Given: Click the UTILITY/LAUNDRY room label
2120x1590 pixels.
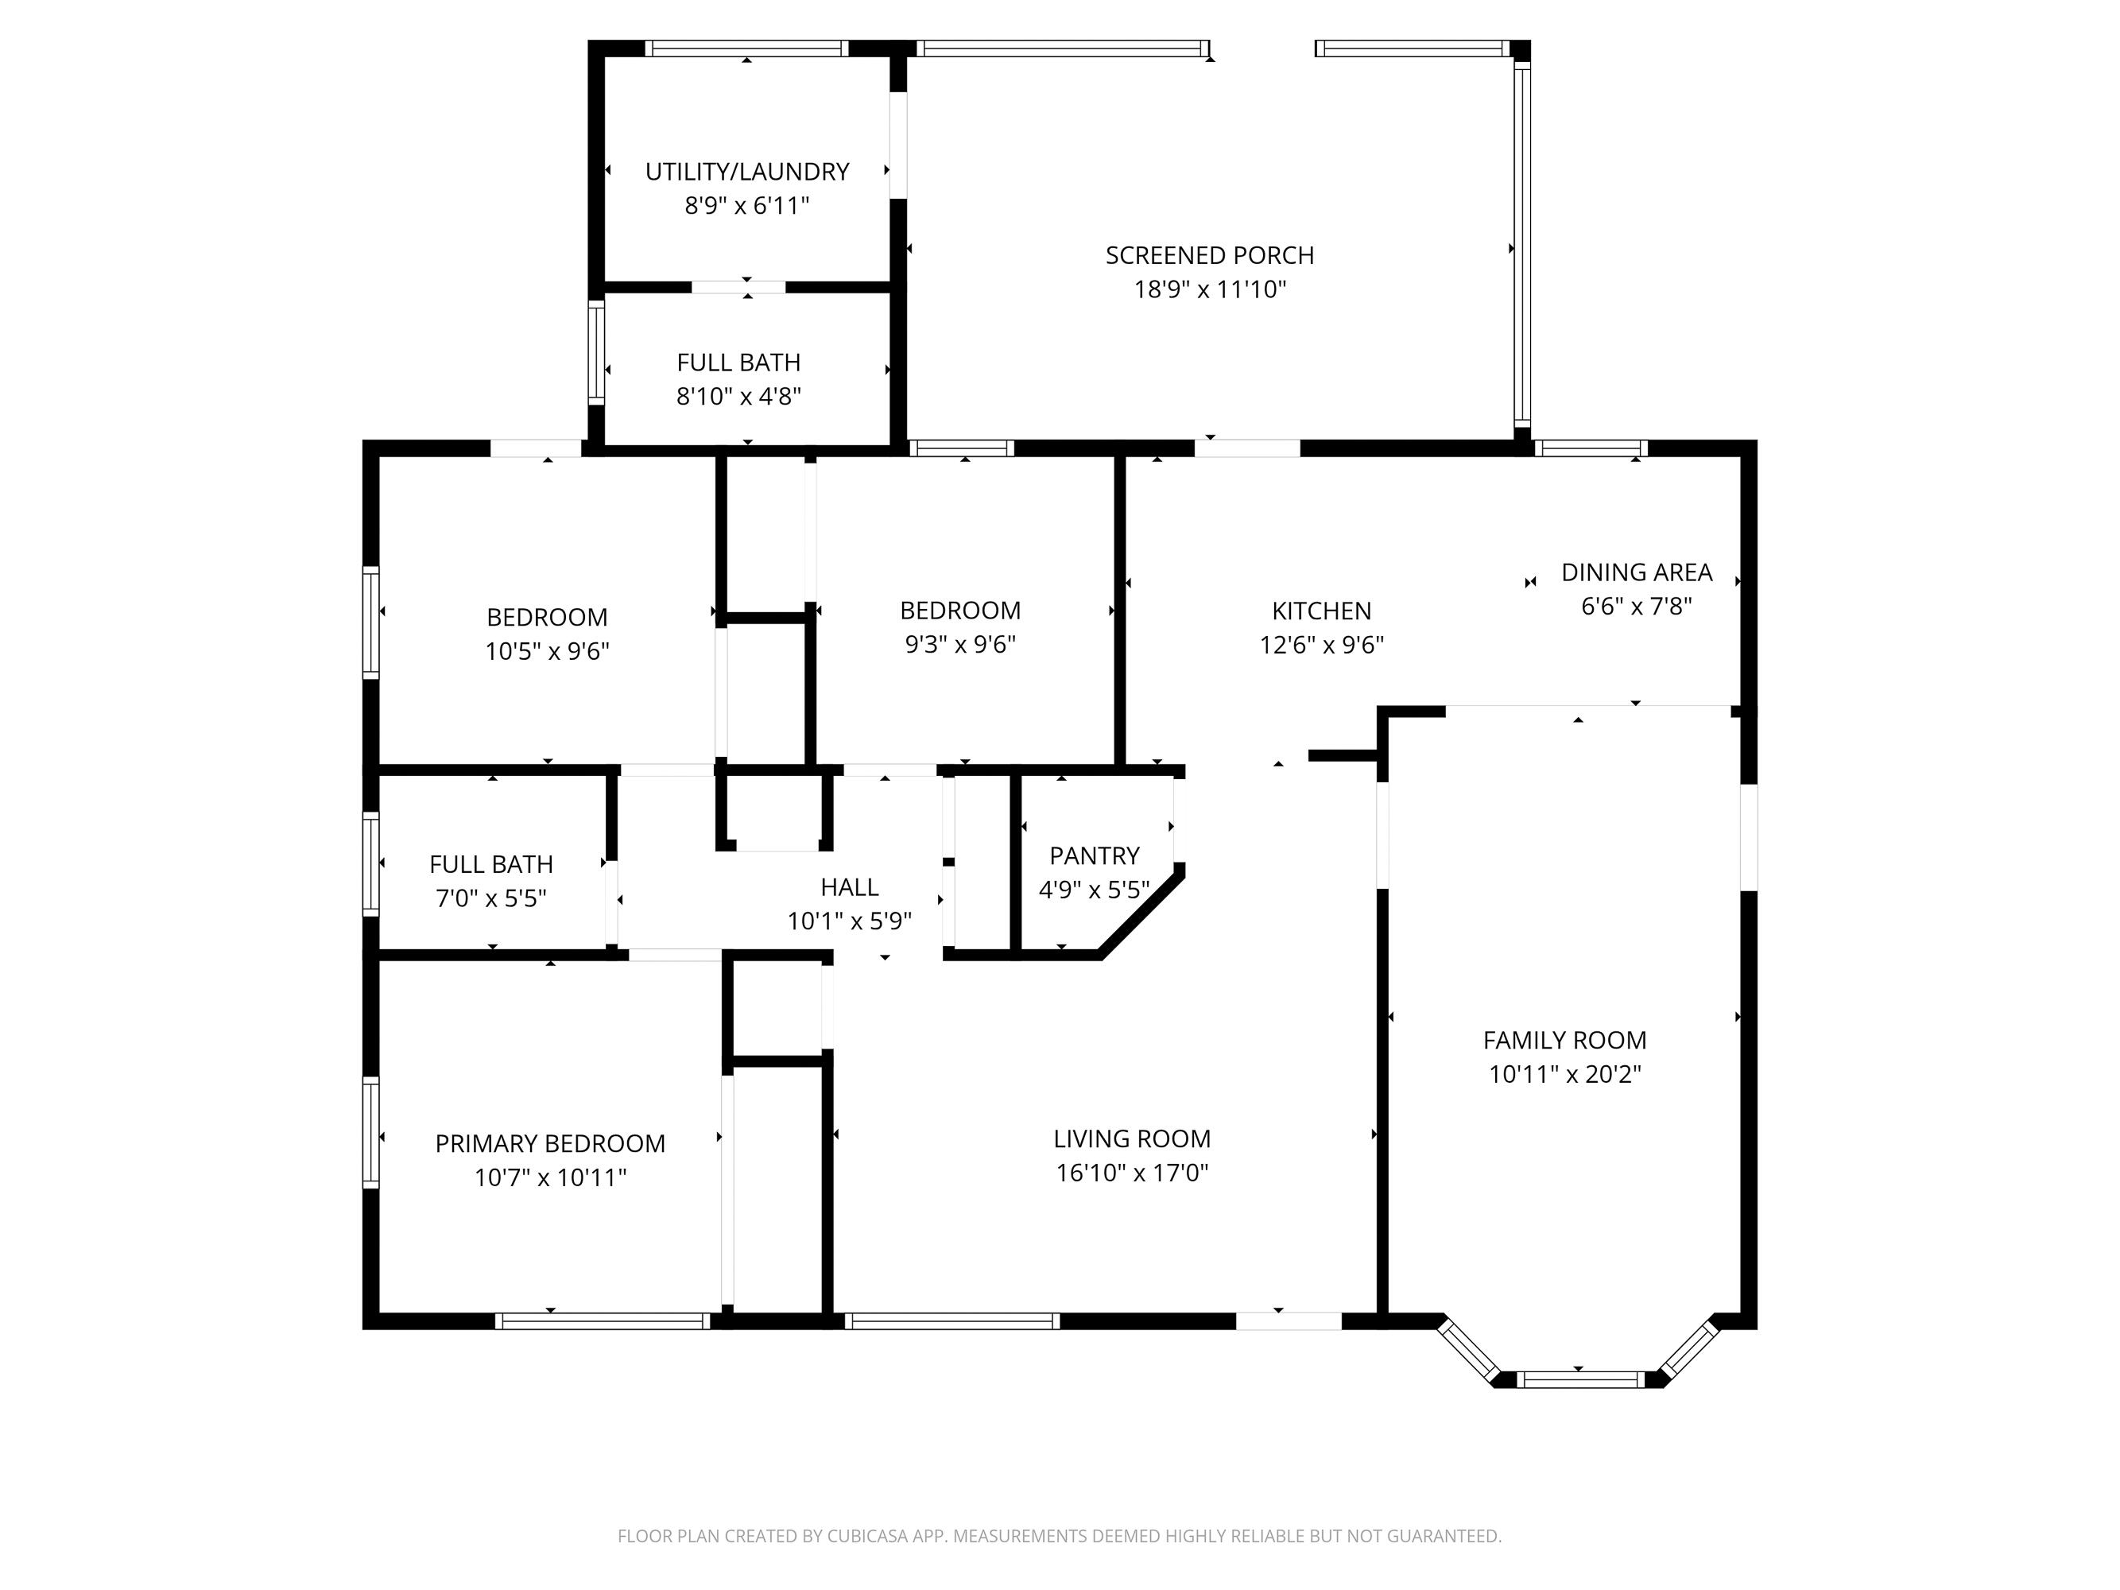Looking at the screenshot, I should coord(746,172).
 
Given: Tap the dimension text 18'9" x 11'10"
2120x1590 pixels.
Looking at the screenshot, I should coord(1210,289).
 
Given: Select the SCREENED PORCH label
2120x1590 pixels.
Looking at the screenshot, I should coord(1210,255).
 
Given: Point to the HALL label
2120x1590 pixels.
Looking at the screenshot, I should coord(849,886).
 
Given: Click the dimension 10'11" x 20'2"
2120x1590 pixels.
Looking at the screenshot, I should coord(1564,1074).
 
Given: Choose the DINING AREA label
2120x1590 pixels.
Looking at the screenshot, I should coord(1636,572).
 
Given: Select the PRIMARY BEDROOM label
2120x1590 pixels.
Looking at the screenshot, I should coord(550,1143).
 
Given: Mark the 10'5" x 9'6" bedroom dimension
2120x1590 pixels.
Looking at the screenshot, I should coord(547,652).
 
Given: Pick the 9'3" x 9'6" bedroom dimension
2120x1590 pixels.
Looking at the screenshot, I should coord(959,644).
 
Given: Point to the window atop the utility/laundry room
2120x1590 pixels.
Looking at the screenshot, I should coord(746,48).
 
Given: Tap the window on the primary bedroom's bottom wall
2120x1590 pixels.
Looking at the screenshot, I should coord(603,1321).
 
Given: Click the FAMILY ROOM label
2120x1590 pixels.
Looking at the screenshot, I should coord(1564,1040).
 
